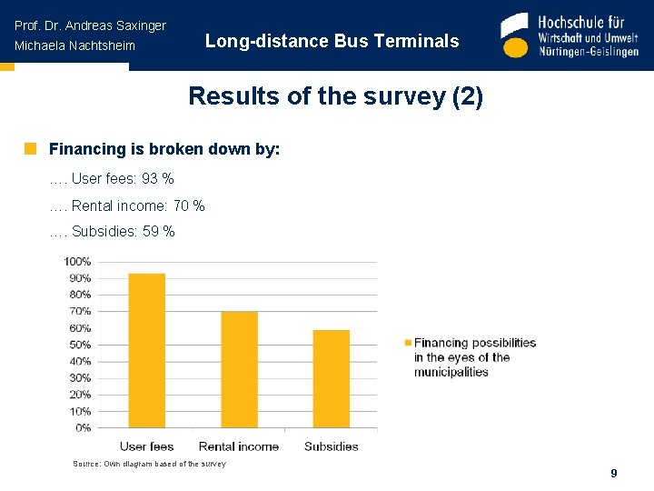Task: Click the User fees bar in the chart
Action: click(x=147, y=350)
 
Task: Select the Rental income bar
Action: click(x=239, y=369)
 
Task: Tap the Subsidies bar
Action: click(x=331, y=378)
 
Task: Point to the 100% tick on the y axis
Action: click(x=77, y=262)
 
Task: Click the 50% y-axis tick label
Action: click(x=79, y=345)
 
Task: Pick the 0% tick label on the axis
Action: click(x=83, y=427)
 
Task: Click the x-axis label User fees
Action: click(x=147, y=446)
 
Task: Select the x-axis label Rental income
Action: click(x=239, y=446)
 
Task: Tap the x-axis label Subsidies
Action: click(x=331, y=446)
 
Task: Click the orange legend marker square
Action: click(x=407, y=343)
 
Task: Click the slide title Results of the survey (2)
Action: click(x=335, y=96)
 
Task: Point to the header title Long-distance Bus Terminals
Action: click(x=332, y=41)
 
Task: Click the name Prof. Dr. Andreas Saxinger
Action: click(x=90, y=25)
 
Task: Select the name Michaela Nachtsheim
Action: click(x=74, y=45)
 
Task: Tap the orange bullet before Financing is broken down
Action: click(x=30, y=148)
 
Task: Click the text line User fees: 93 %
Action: click(x=122, y=179)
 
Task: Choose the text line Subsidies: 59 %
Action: click(x=123, y=232)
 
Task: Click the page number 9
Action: click(x=614, y=474)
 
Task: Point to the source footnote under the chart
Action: click(x=149, y=464)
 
